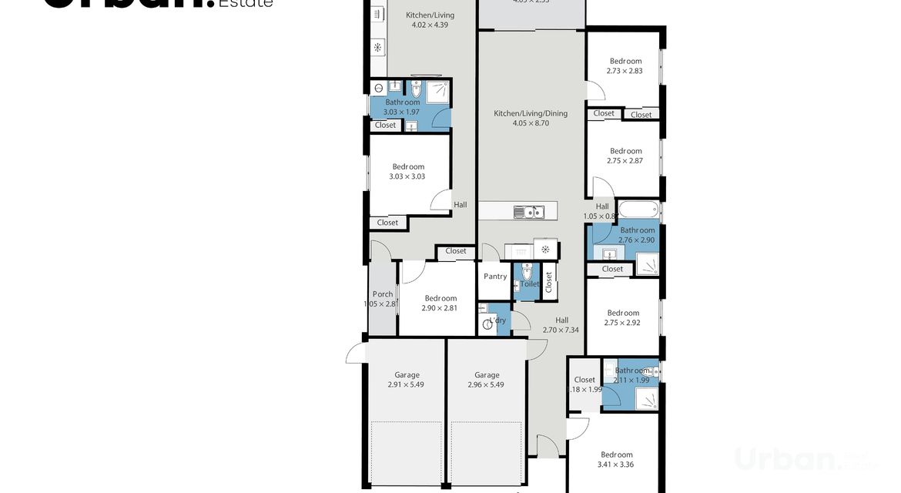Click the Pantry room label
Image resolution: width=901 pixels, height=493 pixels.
coord(495,277)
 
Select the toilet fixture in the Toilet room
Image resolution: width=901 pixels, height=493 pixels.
coord(528,272)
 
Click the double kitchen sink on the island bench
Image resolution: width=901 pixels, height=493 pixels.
coord(529,212)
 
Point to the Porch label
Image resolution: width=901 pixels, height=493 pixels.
coord(383,294)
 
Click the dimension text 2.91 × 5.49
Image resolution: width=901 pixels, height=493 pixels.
coord(407,385)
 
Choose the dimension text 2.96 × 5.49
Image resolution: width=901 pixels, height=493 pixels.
coord(486,385)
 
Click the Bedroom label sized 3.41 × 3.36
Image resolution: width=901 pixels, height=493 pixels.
coord(617,454)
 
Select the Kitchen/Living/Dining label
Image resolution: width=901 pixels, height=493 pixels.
coord(531,113)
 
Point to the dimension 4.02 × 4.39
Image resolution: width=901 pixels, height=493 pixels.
coord(430,25)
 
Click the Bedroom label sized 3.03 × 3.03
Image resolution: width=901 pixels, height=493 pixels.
coord(408,166)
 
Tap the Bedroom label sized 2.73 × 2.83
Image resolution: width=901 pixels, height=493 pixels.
coord(625,61)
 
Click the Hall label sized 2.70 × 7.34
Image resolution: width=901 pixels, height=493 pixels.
coord(561,320)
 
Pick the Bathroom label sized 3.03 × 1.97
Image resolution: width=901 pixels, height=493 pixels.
coord(403,102)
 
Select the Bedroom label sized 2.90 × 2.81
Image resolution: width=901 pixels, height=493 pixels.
coord(440,298)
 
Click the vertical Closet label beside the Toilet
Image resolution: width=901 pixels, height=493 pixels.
coord(548,281)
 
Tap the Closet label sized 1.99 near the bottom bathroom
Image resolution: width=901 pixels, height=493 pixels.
coord(584,380)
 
